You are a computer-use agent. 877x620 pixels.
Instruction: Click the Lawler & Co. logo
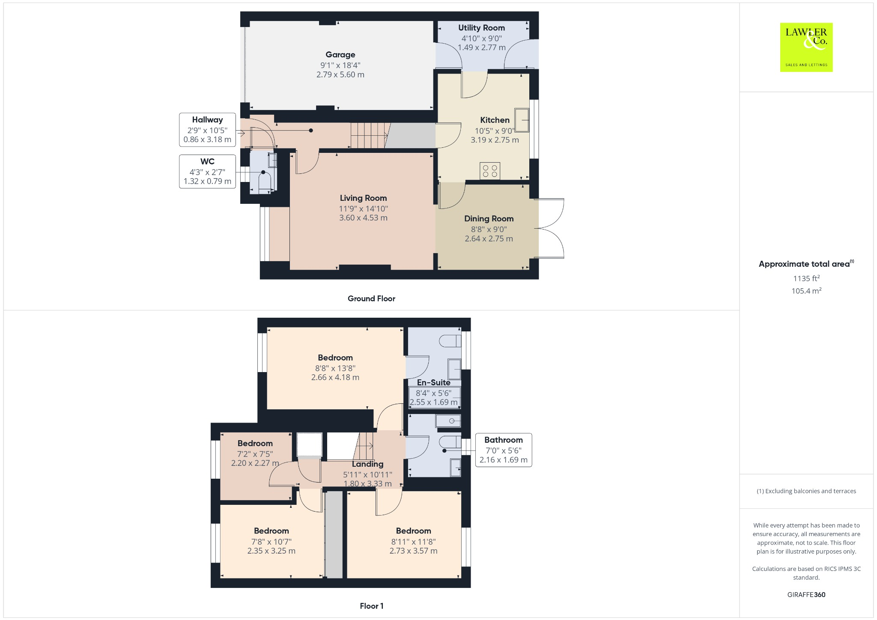point(806,47)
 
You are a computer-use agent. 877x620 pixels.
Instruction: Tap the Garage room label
point(340,55)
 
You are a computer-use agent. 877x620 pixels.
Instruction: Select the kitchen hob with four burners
point(490,171)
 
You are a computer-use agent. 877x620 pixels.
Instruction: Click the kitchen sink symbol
point(522,120)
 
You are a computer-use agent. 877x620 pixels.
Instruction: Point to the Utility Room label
point(481,28)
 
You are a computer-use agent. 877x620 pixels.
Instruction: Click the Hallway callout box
point(207,129)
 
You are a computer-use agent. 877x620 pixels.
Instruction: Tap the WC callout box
point(207,171)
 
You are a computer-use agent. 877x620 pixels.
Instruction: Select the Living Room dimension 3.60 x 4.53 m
point(363,218)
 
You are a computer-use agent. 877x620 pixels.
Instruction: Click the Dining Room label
point(489,219)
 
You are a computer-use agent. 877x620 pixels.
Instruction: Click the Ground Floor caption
point(371,299)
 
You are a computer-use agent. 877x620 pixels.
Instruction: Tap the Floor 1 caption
point(371,606)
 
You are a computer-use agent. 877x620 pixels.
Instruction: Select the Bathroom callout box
point(503,450)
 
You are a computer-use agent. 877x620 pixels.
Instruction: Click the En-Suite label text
point(433,383)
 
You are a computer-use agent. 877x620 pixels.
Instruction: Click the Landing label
point(367,464)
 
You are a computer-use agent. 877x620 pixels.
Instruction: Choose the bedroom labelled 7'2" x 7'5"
point(255,454)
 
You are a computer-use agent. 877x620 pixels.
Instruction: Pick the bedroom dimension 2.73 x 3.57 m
point(413,551)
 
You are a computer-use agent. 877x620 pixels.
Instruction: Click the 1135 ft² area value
point(806,278)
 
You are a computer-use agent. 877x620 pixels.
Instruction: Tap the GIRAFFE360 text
point(806,595)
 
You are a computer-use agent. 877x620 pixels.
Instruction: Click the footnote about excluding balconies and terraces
point(806,491)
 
